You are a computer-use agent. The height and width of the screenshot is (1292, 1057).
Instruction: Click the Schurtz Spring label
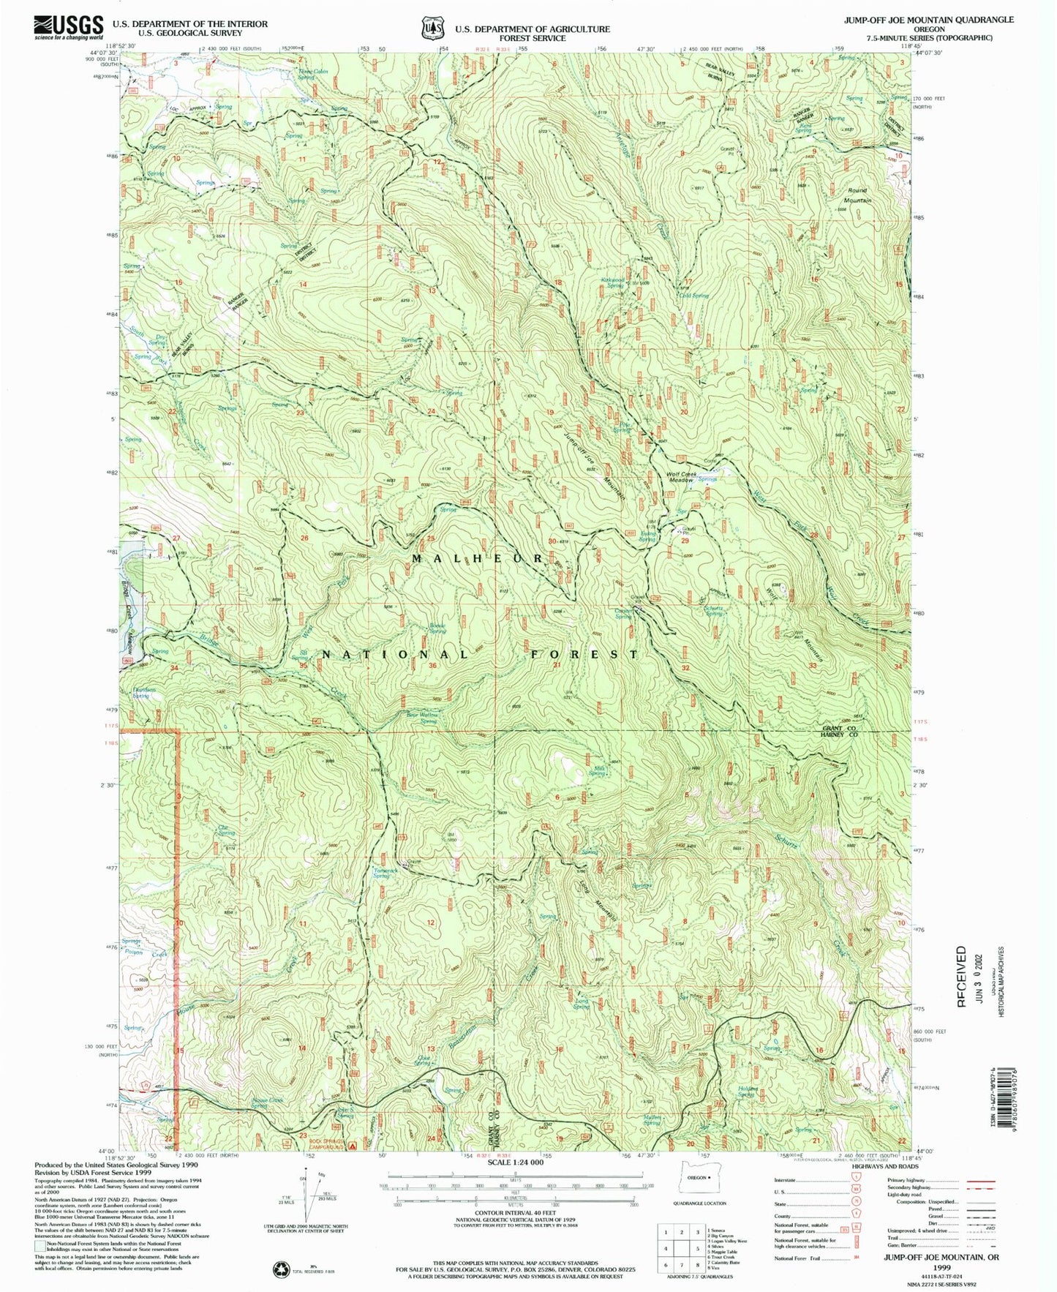[x=713, y=610]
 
